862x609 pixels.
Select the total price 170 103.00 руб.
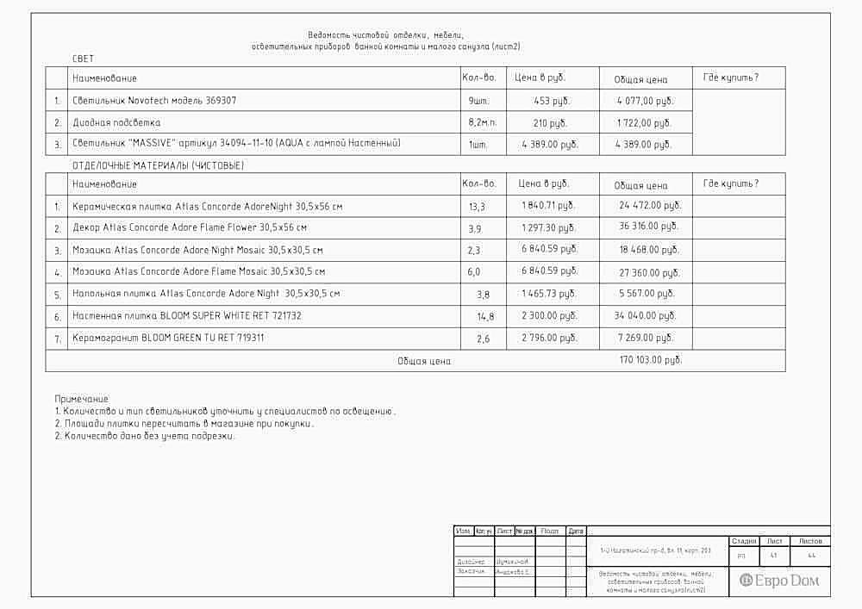click(x=651, y=360)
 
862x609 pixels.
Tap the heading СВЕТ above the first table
click(x=84, y=59)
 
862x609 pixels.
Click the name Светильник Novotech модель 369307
click(x=154, y=101)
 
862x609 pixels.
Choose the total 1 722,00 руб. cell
click(x=644, y=123)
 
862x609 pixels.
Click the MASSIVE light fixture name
click(x=236, y=144)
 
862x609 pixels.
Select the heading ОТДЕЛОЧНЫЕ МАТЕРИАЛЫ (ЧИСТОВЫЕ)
click(x=158, y=165)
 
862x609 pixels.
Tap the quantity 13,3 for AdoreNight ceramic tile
click(x=477, y=207)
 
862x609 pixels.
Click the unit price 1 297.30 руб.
click(x=549, y=227)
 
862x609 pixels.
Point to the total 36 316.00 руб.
click(x=649, y=227)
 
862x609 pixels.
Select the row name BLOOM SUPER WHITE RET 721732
click(x=187, y=316)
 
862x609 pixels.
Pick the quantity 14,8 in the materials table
click(x=485, y=317)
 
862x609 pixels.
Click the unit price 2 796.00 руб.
click(x=549, y=338)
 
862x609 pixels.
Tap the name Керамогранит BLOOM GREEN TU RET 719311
click(x=168, y=338)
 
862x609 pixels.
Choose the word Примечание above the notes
click(x=82, y=399)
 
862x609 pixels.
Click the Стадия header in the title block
click(x=743, y=541)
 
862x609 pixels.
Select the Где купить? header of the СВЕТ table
click(x=731, y=78)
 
